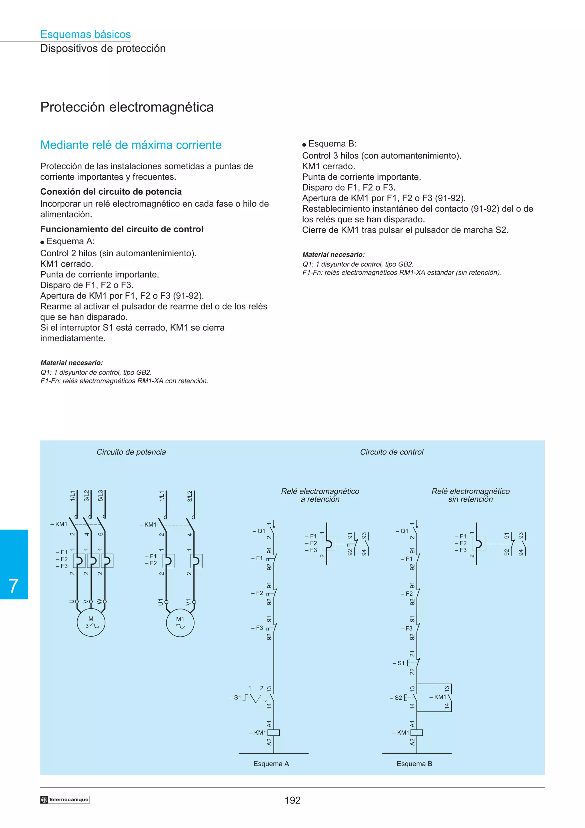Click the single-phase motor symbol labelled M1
[x=180, y=623]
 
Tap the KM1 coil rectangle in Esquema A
[x=274, y=733]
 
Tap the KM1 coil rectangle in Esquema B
[x=417, y=733]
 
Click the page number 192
[x=292, y=801]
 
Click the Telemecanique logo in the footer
[x=65, y=799]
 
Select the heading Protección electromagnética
[x=127, y=107]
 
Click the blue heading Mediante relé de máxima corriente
[x=131, y=145]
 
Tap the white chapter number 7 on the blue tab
[x=14, y=586]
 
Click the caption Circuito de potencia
[x=131, y=452]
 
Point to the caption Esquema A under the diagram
[x=271, y=763]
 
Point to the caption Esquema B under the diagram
[x=414, y=763]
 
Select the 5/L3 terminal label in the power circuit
[x=101, y=495]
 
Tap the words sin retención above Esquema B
[x=470, y=499]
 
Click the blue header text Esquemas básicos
[x=85, y=34]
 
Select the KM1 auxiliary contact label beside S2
[x=439, y=697]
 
